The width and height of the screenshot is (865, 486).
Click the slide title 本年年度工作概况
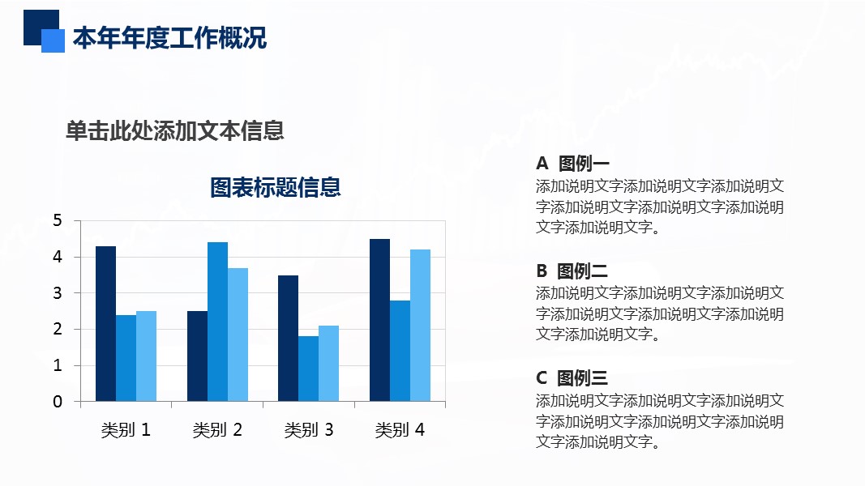pyautogui.click(x=169, y=38)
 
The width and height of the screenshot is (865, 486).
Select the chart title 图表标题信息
pyautogui.click(x=276, y=187)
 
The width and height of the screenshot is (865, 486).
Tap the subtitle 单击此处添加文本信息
pyautogui.click(x=175, y=130)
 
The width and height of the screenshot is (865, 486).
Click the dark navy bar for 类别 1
pyautogui.click(x=106, y=323)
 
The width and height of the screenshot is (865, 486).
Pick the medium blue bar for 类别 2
pyautogui.click(x=217, y=322)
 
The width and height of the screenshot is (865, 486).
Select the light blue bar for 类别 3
pyautogui.click(x=329, y=363)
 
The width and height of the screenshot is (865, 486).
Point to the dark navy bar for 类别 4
pyautogui.click(x=379, y=320)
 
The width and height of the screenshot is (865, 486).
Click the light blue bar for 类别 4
pyautogui.click(x=421, y=325)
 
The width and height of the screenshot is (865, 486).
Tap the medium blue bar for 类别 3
pyautogui.click(x=308, y=369)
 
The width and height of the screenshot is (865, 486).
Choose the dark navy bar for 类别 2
pyautogui.click(x=198, y=356)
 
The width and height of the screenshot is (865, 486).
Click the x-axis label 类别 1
pyautogui.click(x=126, y=430)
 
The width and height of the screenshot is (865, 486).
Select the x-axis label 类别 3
pyautogui.click(x=309, y=430)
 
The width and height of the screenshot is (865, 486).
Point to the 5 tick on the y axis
pyautogui.click(x=58, y=220)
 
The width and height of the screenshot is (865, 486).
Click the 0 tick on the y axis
pyautogui.click(x=58, y=402)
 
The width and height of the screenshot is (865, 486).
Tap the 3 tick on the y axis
pyautogui.click(x=58, y=293)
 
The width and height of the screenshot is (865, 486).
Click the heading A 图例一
pyautogui.click(x=572, y=163)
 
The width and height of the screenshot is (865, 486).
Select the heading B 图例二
pyautogui.click(x=572, y=271)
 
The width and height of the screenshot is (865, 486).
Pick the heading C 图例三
pyautogui.click(x=572, y=378)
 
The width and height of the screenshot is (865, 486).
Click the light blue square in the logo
pyautogui.click(x=53, y=40)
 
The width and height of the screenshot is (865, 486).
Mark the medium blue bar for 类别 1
pyautogui.click(x=126, y=358)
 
